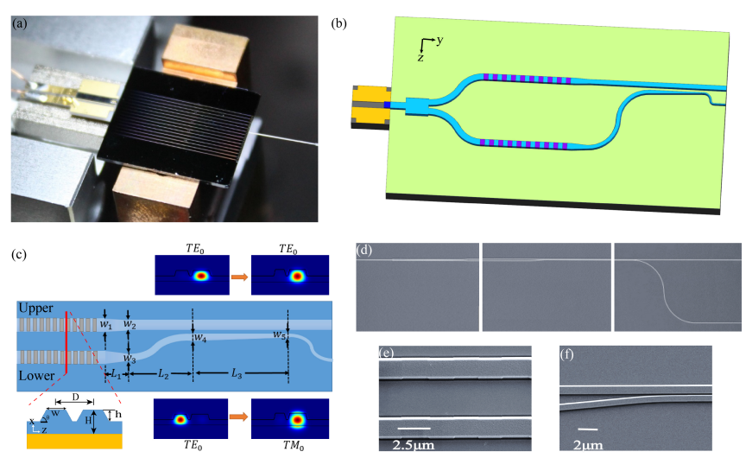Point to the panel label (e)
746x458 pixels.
tap(387, 353)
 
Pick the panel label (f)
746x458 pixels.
tap(568, 353)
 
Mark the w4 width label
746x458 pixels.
tap(200, 338)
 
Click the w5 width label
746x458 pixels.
tap(278, 334)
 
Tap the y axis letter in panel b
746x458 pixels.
tap(441, 40)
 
